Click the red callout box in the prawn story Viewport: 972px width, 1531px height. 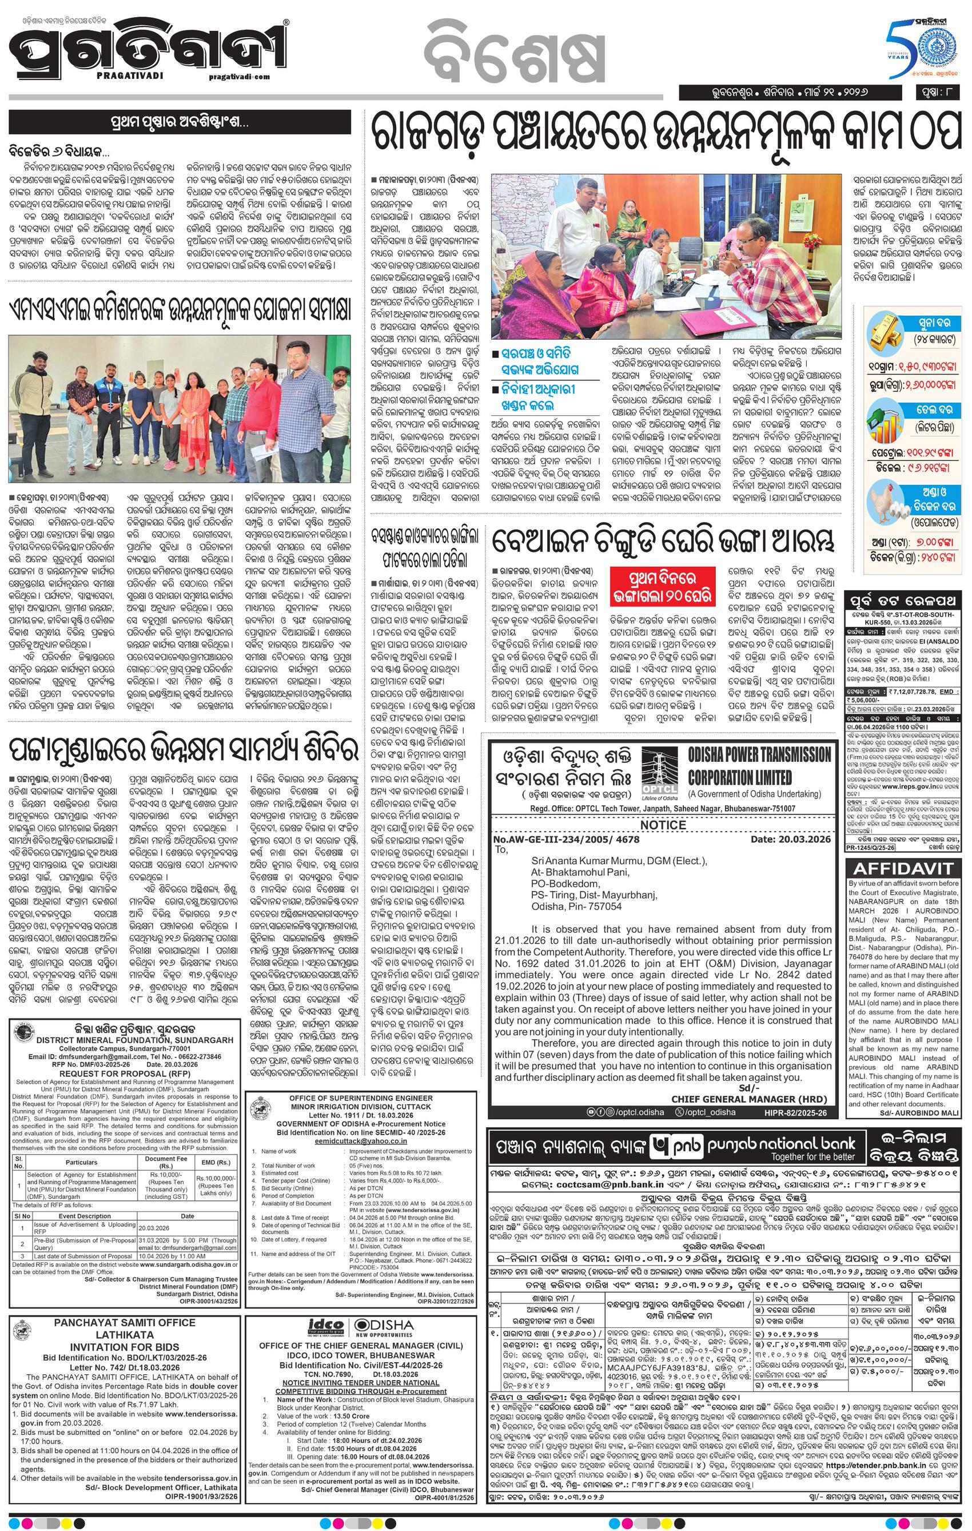pos(663,587)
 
